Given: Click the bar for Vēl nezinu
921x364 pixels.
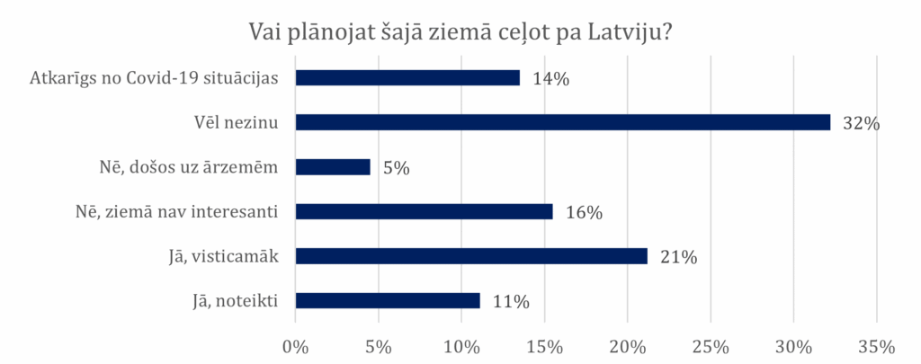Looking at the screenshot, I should pos(562,122).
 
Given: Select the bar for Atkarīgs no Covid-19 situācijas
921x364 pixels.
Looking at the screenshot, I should pos(407,77).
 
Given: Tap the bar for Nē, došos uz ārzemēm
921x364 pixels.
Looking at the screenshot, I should pos(333,167).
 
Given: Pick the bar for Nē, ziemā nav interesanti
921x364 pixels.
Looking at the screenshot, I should pos(424,211).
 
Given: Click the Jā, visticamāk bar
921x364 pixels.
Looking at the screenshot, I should pos(471,256).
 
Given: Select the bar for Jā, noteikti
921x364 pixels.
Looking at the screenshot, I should pos(388,300).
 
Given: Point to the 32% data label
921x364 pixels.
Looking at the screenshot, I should pos(861,123).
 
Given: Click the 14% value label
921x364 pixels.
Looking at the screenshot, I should pos(551,78).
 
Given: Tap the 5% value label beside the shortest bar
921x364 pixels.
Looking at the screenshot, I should pos(396,168).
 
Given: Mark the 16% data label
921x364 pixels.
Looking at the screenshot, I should pos(584,212).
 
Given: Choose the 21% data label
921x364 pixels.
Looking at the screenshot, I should pos(679,257).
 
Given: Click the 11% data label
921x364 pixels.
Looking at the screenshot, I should pos(512,301).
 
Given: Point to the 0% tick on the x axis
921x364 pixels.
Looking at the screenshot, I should pos(295,346).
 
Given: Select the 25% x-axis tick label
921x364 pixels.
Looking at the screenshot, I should pos(711,346).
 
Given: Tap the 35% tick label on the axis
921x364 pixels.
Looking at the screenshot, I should pos(877,346).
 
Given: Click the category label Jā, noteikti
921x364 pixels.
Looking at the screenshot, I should pos(232,300).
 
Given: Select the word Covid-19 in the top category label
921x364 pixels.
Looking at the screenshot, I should pos(163,77).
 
